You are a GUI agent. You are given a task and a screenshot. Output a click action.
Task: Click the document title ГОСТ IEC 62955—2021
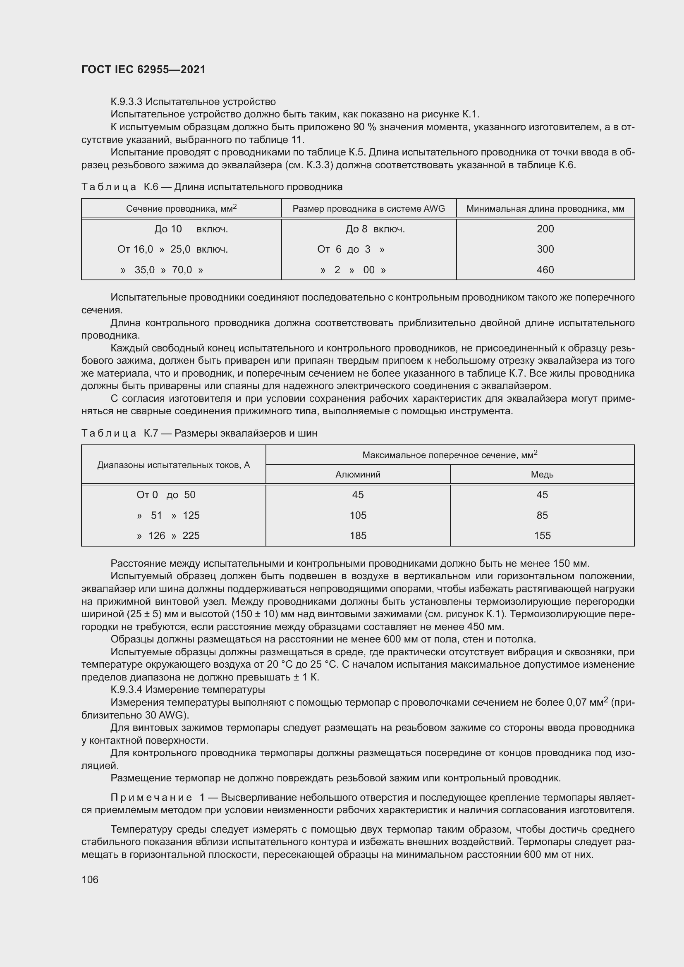pyautogui.click(x=143, y=69)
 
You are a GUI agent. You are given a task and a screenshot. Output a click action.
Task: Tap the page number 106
pyautogui.click(x=90, y=879)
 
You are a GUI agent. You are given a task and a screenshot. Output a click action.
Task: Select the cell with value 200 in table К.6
pyautogui.click(x=545, y=229)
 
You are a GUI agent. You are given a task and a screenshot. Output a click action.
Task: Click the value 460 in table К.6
pyautogui.click(x=545, y=270)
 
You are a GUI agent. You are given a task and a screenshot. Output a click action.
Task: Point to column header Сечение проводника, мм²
pyautogui.click(x=181, y=208)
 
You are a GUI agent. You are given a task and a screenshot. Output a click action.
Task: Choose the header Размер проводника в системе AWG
pyautogui.click(x=368, y=209)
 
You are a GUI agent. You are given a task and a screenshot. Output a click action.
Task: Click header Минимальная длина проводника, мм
pyautogui.click(x=545, y=209)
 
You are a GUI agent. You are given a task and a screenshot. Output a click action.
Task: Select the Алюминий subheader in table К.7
pyautogui.click(x=358, y=475)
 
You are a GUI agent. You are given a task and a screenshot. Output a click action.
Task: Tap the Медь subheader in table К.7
pyautogui.click(x=542, y=475)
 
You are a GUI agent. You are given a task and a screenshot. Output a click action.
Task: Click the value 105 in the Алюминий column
pyautogui.click(x=358, y=516)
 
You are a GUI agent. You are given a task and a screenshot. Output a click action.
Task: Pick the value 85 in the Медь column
pyautogui.click(x=542, y=516)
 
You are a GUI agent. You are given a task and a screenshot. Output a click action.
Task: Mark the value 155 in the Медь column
pyautogui.click(x=542, y=536)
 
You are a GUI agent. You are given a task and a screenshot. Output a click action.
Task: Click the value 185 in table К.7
pyautogui.click(x=358, y=536)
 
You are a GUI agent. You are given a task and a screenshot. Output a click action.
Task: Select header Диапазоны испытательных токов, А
pyautogui.click(x=174, y=466)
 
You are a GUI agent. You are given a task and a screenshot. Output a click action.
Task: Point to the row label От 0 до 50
pyautogui.click(x=166, y=495)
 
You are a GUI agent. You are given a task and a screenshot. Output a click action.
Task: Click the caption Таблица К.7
pyautogui.click(x=120, y=433)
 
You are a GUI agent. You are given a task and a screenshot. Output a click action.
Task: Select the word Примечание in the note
pyautogui.click(x=151, y=797)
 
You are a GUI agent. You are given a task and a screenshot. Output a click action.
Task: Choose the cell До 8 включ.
pyautogui.click(x=375, y=229)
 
